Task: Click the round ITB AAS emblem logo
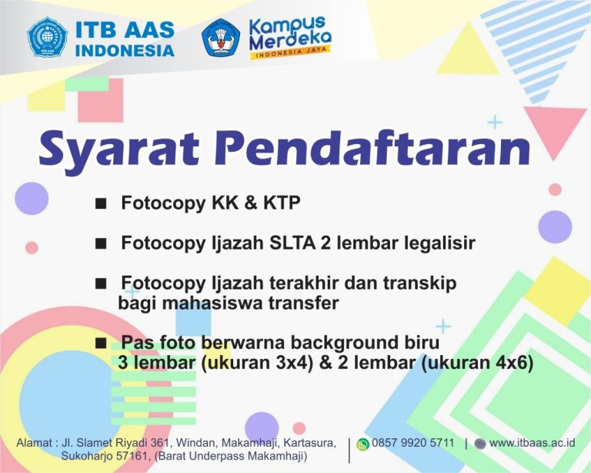coord(48,37)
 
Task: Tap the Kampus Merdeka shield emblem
coord(221,37)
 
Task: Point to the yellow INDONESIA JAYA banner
coord(290,52)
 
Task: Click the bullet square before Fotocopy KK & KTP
coord(101,203)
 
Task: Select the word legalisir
coord(440,243)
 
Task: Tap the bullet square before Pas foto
coord(101,344)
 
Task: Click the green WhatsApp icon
coord(362,444)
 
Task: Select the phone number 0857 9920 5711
coord(412,443)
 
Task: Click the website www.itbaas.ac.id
coord(533,443)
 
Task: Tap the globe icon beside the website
coord(480,444)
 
